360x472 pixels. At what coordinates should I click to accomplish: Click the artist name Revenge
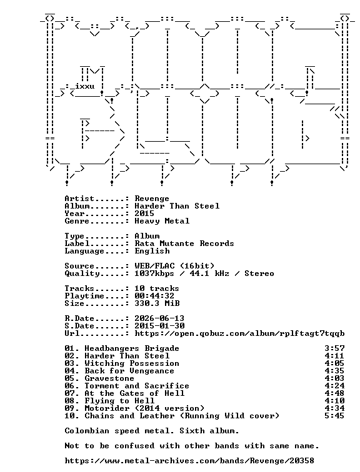tap(152, 199)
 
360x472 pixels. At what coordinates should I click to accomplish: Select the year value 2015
tap(144, 214)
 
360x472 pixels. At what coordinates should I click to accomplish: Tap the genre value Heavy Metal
tap(162, 221)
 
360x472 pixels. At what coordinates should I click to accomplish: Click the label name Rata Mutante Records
tap(184, 243)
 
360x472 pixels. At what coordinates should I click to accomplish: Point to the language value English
tap(152, 251)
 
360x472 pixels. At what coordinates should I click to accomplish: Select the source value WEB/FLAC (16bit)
tap(174, 266)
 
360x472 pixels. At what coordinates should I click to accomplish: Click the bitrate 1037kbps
tap(154, 273)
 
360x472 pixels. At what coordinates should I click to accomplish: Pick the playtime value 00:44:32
tap(154, 296)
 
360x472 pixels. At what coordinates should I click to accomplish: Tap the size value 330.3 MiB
tap(157, 303)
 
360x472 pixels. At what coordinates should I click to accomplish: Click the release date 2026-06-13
tap(159, 318)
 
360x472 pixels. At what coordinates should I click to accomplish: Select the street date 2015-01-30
tap(159, 326)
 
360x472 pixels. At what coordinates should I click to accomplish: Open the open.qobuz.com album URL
tap(239, 334)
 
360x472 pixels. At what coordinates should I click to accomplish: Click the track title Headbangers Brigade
tap(132, 348)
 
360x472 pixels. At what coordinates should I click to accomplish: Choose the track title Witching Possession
tap(132, 363)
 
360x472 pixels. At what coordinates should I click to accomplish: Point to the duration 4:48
tap(334, 393)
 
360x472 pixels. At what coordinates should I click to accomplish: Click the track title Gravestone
tap(109, 378)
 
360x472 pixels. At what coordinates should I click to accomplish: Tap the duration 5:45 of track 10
tap(334, 416)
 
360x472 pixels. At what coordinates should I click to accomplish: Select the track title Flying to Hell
tap(119, 401)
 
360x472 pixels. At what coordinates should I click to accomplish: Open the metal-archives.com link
tap(189, 461)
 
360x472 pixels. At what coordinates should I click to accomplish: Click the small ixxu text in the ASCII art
tap(84, 86)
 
